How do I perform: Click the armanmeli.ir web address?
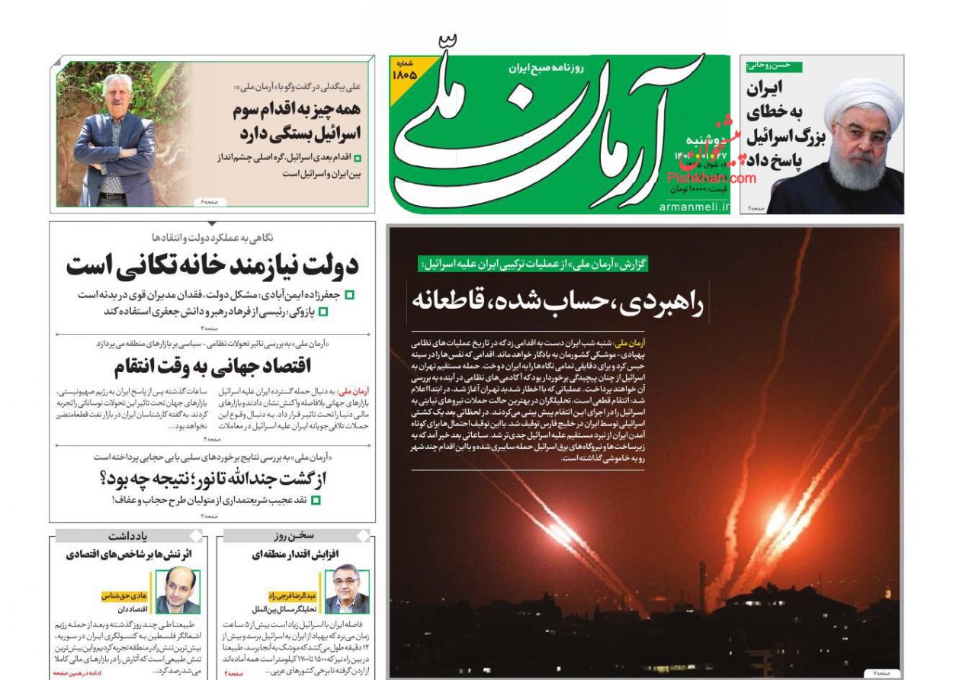[693, 206]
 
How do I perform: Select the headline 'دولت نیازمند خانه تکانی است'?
[211, 266]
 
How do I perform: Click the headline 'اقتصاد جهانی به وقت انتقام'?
[212, 367]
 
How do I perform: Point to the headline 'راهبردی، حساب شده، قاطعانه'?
[558, 300]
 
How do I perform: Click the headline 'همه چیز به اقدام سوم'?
[296, 110]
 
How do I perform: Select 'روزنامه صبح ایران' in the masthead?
[546, 68]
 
